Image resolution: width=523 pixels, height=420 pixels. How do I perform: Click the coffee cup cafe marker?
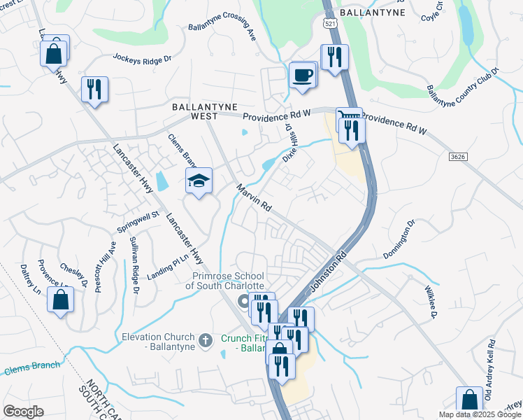point(302,75)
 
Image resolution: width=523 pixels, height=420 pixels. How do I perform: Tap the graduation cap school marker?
point(199,181)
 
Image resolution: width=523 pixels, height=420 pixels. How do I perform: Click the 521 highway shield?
point(331,23)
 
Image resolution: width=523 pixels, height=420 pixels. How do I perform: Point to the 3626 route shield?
point(458,159)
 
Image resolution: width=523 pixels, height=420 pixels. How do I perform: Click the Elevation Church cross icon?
point(205,340)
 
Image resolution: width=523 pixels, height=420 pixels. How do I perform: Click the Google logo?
point(24,412)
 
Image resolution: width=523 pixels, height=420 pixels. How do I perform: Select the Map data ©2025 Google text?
point(480,414)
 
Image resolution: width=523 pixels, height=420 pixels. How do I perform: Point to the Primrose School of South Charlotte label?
point(224,281)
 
